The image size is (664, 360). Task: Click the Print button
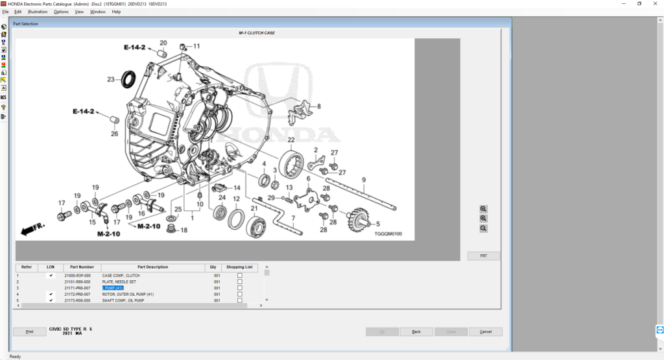[29, 331]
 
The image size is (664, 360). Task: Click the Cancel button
[485, 331]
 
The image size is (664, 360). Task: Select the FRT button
[483, 256]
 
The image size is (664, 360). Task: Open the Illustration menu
[38, 12]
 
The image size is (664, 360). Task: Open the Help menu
[116, 12]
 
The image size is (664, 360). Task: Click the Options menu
[61, 12]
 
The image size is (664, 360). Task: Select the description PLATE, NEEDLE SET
[119, 282]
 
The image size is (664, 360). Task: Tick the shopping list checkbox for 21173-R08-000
[240, 300]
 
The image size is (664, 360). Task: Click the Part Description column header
[152, 267]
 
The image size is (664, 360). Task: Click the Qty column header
[213, 267]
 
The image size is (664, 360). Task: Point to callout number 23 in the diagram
[111, 80]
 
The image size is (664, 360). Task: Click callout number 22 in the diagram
[291, 140]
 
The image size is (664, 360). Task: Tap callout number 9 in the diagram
[364, 180]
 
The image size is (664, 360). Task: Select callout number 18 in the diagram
[184, 230]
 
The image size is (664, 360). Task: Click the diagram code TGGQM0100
[388, 234]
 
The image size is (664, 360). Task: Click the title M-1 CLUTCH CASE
[256, 32]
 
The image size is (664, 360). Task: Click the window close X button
[656, 3]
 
